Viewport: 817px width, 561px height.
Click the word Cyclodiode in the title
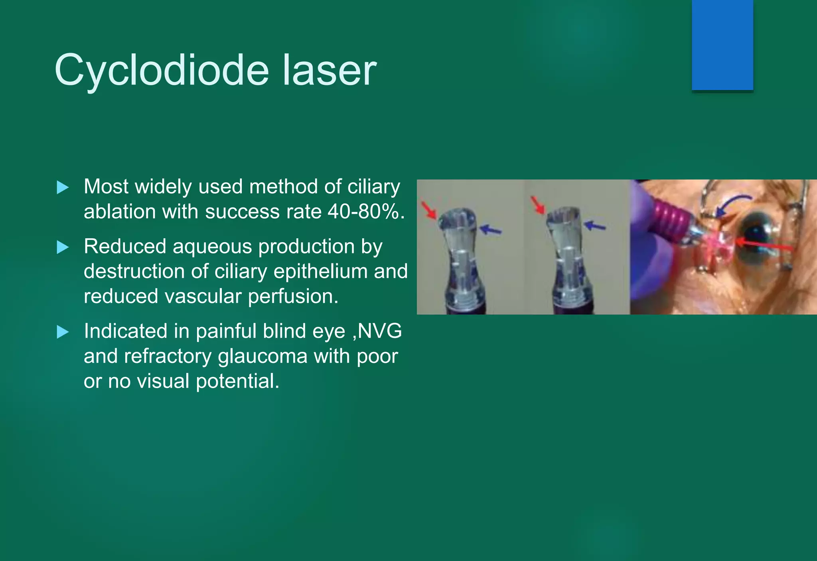(x=162, y=71)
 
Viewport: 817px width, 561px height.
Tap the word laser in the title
(x=329, y=71)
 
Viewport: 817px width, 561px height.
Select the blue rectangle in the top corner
(x=722, y=45)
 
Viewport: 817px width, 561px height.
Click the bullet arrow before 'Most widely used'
(x=63, y=187)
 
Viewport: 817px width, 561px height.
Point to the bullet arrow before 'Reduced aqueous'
(x=63, y=247)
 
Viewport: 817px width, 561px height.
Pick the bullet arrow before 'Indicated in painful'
(x=63, y=331)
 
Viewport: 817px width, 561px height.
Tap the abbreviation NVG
(x=380, y=331)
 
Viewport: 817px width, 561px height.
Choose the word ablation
(x=120, y=211)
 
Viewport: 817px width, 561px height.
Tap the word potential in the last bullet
(x=238, y=381)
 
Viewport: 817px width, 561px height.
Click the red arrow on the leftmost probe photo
(x=429, y=210)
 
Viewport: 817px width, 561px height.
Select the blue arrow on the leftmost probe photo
(x=491, y=229)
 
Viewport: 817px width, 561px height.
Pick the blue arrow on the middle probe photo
(x=595, y=226)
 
